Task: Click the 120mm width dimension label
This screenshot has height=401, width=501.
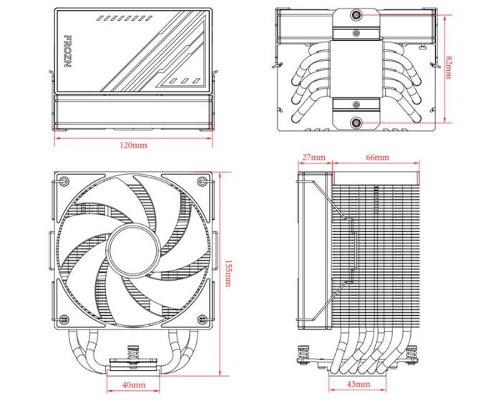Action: [x=133, y=145]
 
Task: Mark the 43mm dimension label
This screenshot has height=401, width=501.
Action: [x=359, y=386]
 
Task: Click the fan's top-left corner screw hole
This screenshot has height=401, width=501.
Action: [x=63, y=181]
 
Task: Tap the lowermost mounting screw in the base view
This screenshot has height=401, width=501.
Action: [x=356, y=122]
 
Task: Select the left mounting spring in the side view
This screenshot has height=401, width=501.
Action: [x=302, y=354]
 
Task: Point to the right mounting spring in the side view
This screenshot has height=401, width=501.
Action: [x=412, y=354]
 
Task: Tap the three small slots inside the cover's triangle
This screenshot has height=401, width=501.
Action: [x=185, y=80]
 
